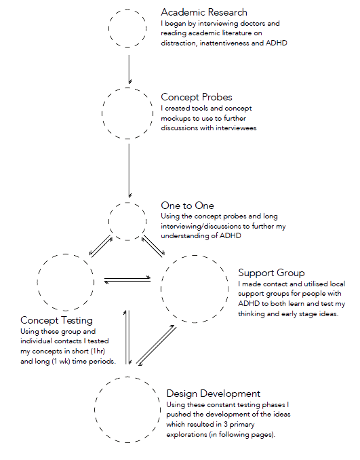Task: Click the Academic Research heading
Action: [204, 12]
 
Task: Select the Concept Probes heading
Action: [197, 97]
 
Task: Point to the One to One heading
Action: [187, 206]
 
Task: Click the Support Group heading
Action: [271, 273]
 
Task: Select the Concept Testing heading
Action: [56, 320]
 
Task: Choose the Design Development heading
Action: [214, 394]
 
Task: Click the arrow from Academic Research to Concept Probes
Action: [129, 69]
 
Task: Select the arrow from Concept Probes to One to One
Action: [129, 171]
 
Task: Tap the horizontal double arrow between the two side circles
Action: [127, 280]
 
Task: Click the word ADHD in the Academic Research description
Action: [277, 43]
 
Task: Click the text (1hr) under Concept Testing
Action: [98, 351]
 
